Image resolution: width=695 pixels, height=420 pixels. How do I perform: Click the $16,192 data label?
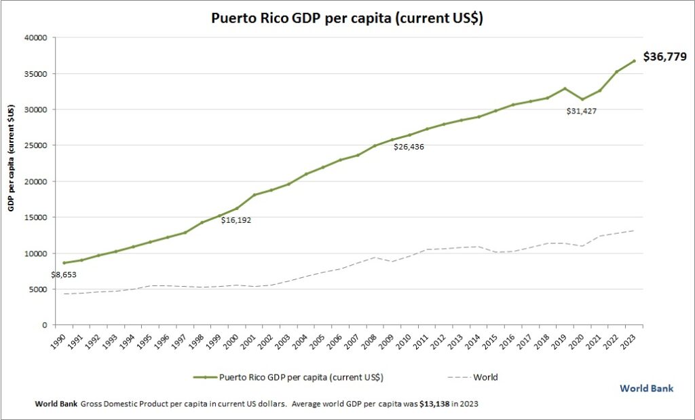click(237, 220)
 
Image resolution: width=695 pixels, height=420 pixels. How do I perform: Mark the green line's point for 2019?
click(565, 88)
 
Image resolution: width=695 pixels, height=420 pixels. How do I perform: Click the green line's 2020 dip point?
click(582, 99)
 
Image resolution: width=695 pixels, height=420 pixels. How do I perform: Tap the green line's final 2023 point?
click(634, 61)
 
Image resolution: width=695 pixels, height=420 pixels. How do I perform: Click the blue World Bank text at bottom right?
click(647, 388)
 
